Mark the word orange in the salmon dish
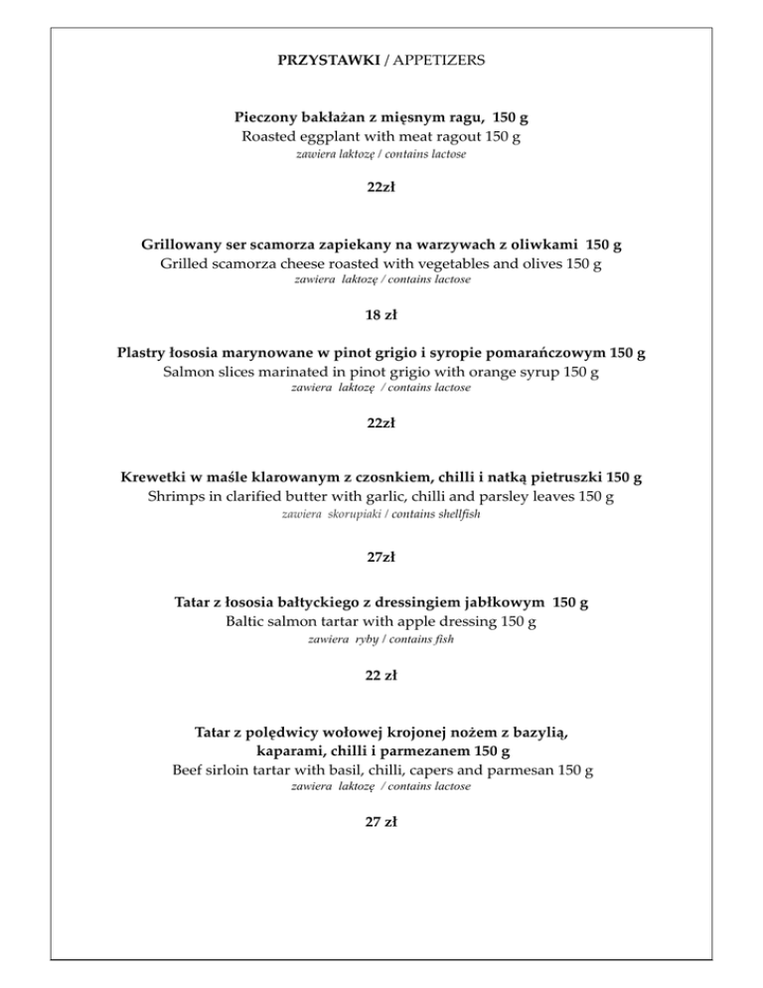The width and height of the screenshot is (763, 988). [488, 372]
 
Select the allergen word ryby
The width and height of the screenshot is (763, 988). [375, 640]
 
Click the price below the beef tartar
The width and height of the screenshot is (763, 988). [381, 822]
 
